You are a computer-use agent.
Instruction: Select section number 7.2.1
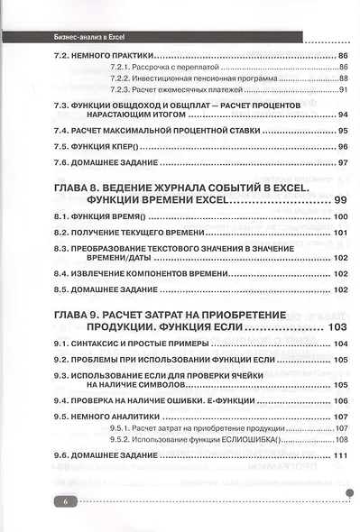click(x=119, y=68)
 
